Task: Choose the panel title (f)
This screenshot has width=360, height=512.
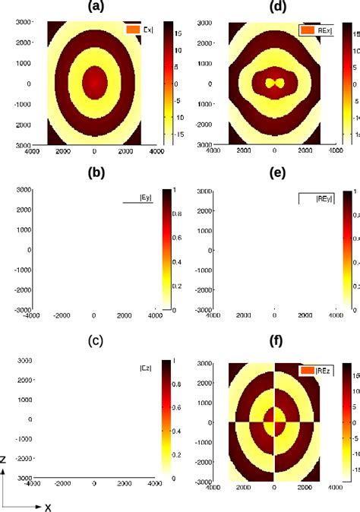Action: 275,340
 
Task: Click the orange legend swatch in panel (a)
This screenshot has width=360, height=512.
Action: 132,30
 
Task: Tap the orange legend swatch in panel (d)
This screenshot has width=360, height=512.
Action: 307,30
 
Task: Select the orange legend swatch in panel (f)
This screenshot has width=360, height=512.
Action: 307,371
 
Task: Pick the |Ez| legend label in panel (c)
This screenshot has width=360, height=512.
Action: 145,368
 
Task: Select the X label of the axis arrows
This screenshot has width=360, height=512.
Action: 47,507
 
